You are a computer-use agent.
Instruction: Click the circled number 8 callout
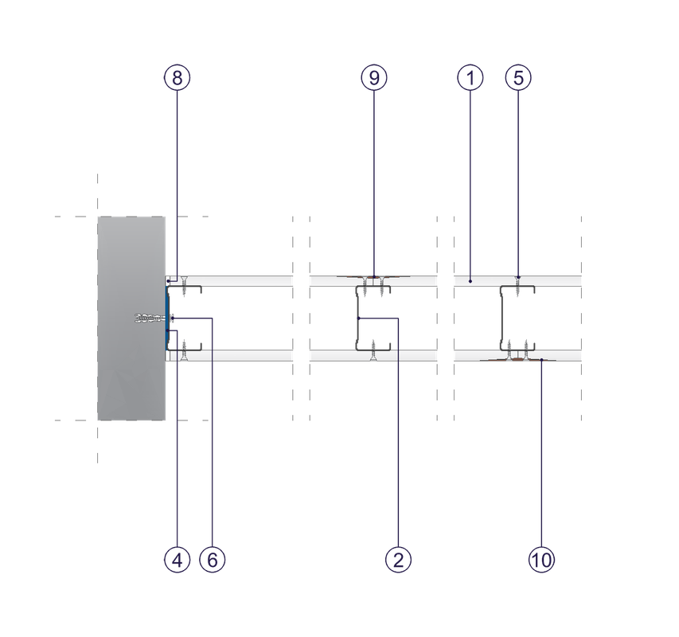(177, 78)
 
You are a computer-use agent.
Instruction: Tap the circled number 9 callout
(374, 78)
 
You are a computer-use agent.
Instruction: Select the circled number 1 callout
(470, 78)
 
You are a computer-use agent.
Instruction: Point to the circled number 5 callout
(518, 78)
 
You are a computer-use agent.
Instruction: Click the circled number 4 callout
(177, 560)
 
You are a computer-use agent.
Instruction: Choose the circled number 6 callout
(213, 560)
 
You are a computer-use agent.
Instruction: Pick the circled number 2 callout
(398, 560)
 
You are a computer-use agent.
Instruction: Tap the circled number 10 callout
(541, 560)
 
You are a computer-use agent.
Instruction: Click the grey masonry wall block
(131, 318)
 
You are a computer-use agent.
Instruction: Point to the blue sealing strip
(167, 318)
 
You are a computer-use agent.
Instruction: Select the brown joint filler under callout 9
(374, 276)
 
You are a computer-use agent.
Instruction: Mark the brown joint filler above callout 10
(518, 359)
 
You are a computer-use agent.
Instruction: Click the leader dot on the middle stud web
(358, 318)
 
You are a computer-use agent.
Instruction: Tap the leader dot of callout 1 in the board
(470, 281)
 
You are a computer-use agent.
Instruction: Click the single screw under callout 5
(518, 286)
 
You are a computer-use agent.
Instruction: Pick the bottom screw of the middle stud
(373, 350)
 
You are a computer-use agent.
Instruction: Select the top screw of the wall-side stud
(184, 286)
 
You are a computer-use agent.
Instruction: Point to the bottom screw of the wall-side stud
(184, 350)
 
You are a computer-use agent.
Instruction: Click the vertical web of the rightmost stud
(502, 318)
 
